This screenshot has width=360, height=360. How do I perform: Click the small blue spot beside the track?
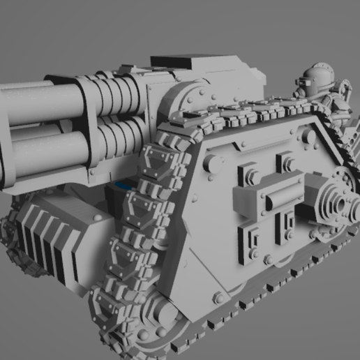124,186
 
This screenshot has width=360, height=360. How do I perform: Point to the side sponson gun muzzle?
343,204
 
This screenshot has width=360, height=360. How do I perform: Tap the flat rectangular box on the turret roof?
176,62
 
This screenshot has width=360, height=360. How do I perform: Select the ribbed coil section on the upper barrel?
119,96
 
